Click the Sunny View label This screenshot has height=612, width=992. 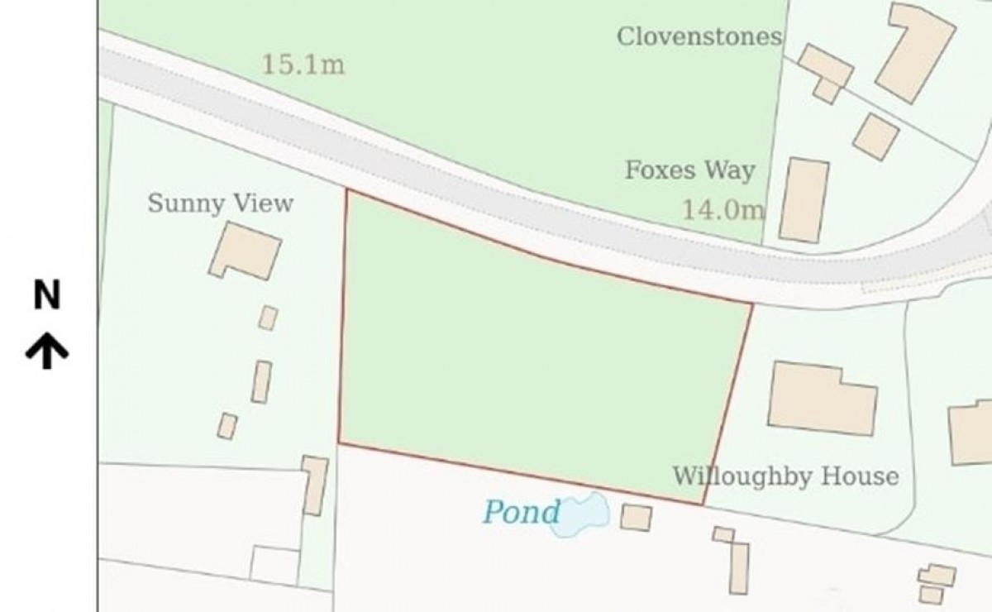(220, 203)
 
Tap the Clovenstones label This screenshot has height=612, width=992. (699, 36)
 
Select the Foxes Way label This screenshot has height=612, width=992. (689, 170)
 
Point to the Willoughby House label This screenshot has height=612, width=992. (785, 476)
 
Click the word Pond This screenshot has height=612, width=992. (521, 512)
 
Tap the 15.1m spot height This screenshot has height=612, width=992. (303, 64)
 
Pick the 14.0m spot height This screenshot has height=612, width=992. (723, 209)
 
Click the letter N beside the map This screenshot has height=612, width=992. (46, 295)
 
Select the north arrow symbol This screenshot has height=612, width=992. (46, 350)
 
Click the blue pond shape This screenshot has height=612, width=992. (584, 514)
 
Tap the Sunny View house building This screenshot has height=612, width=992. (246, 251)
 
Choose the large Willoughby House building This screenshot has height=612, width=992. (822, 398)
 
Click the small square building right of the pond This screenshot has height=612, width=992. (636, 518)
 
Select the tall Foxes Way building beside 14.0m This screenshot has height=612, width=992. (804, 201)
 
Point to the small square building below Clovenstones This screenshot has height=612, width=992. (875, 136)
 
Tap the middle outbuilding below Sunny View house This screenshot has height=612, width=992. (261, 382)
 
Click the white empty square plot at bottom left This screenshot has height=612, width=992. (274, 565)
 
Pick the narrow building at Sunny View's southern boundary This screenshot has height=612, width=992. (315, 485)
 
